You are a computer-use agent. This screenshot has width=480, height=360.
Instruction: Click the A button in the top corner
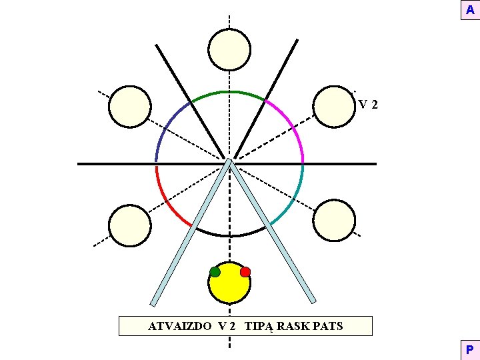tap(469, 11)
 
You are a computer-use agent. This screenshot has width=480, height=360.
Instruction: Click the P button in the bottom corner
tap(469, 349)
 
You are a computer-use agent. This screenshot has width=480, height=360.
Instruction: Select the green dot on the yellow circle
tap(215, 271)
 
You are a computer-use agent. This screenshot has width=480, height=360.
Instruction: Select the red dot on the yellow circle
tap(245, 271)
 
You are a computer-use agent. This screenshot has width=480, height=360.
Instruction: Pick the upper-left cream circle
tap(129, 107)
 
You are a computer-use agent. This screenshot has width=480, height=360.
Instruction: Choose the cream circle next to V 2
tap(334, 107)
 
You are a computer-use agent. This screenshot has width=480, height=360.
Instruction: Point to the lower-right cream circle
tap(334, 220)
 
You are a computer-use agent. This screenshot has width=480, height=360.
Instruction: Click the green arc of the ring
tap(229, 91)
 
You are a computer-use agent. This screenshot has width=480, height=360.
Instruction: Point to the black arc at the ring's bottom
tap(229, 235)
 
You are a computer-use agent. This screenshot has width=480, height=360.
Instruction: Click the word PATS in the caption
tap(327, 326)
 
